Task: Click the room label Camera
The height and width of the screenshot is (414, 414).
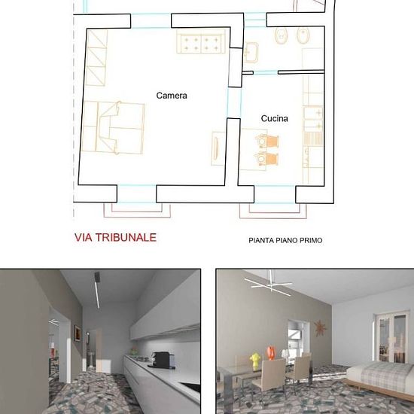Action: (172, 96)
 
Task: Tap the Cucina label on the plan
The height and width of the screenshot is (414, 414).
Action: (274, 118)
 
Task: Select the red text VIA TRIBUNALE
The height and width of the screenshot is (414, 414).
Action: (115, 237)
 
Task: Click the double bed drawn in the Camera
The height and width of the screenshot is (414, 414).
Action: (113, 127)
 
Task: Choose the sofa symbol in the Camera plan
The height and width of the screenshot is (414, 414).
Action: (201, 41)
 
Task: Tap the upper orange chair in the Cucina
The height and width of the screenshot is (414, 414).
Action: (267, 141)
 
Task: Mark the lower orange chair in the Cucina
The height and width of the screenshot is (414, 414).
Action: (266, 158)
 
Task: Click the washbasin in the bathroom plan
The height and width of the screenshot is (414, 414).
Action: (251, 52)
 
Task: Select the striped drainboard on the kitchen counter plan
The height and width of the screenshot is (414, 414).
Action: (313, 139)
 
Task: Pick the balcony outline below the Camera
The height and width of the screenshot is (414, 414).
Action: (137, 210)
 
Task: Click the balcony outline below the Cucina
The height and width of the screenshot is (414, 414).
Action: (273, 211)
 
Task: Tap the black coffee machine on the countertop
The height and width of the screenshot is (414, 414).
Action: (163, 360)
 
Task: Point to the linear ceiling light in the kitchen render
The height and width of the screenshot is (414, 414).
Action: (97, 290)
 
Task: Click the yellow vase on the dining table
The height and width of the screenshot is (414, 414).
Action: (255, 361)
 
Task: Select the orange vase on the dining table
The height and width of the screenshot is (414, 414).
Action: (271, 353)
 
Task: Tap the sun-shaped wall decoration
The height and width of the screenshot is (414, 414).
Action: (320, 328)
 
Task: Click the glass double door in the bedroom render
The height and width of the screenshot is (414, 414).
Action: (391, 337)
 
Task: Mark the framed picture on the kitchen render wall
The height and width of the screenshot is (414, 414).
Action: (78, 333)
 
